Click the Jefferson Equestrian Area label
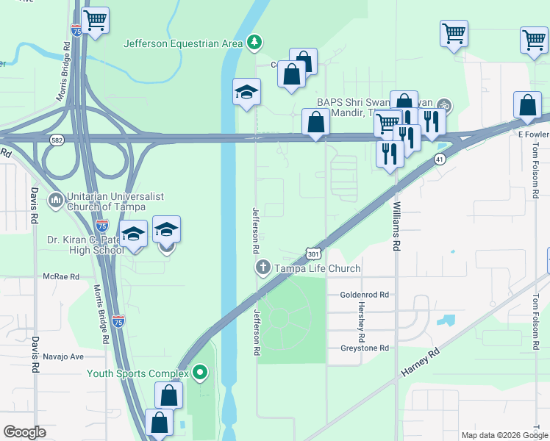click(183, 43)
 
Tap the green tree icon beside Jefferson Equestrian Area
click(254, 42)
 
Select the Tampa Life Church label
click(318, 269)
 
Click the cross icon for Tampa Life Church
click(262, 268)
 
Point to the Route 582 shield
click(57, 139)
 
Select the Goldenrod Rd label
click(364, 294)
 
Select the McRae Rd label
click(61, 276)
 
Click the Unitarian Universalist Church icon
click(56, 200)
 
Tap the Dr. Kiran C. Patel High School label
click(83, 245)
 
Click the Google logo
click(24, 432)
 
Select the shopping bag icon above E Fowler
click(528, 107)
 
